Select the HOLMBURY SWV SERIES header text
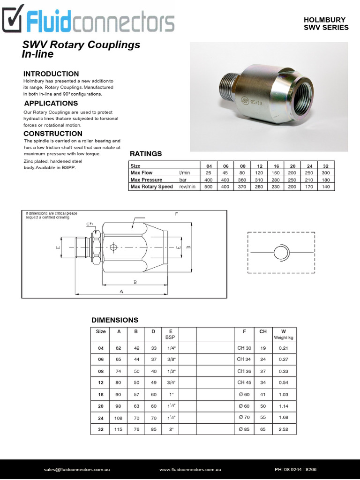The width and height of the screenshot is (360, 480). [x=326, y=23]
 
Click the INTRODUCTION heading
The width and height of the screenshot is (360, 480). [x=51, y=74]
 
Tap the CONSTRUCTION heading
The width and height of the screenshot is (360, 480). [x=52, y=134]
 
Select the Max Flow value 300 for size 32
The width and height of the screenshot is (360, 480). [x=326, y=173]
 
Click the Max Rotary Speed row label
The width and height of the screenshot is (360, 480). [x=151, y=187]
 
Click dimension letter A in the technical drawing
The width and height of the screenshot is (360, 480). [x=121, y=291]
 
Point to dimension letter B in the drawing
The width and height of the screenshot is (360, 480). [x=135, y=282]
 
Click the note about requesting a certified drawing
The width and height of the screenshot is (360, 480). [x=52, y=215]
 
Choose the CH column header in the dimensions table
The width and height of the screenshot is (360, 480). [x=263, y=331]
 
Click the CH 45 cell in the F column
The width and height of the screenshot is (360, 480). [x=244, y=382]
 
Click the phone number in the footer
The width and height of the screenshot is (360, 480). [x=295, y=469]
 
